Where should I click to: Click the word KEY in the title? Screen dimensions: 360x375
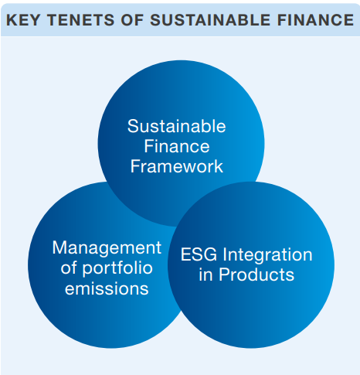point(22,20)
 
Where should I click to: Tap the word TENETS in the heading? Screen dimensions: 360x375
point(80,20)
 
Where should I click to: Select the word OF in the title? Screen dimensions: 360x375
point(132,20)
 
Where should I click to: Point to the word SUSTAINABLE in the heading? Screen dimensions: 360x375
point(210,20)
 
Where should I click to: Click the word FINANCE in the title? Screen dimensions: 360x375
point(316,20)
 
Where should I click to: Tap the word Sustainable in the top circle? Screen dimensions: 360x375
point(177,126)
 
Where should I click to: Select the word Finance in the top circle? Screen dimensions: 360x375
point(177,146)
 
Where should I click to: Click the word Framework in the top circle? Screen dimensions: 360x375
point(177,166)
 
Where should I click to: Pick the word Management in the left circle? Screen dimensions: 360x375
point(107,249)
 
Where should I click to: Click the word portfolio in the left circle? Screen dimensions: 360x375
point(117,269)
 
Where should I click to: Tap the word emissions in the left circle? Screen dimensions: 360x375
point(107,288)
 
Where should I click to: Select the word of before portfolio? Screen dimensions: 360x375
point(69,268)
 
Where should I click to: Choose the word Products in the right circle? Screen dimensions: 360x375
point(256,274)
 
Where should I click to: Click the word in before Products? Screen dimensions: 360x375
point(205,274)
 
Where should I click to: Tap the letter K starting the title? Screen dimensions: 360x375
point(12,20)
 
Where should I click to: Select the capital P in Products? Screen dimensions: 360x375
point(225,274)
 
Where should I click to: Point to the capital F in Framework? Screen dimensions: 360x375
point(136,166)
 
